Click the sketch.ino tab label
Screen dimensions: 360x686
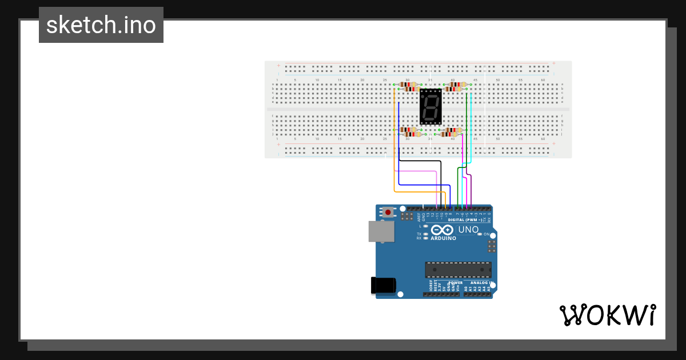pyautogui.click(x=101, y=25)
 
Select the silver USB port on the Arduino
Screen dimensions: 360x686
pyautogui.click(x=381, y=231)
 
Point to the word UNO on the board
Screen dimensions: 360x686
pyautogui.click(x=469, y=230)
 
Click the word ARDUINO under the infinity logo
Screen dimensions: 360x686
pyautogui.click(x=444, y=238)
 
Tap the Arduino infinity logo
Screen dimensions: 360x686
pyautogui.click(x=444, y=230)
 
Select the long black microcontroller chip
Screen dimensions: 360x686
pyautogui.click(x=457, y=270)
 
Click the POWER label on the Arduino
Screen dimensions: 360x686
pyautogui.click(x=456, y=282)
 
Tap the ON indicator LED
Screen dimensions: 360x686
pyautogui.click(x=480, y=234)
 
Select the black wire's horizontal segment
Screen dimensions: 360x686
pyautogui.click(x=420, y=161)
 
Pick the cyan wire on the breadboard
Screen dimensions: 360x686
pyautogui.click(x=470, y=126)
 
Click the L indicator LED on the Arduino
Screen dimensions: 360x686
pyautogui.click(x=425, y=226)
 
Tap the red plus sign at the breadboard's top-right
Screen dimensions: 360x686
pyautogui.click(x=553, y=63)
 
